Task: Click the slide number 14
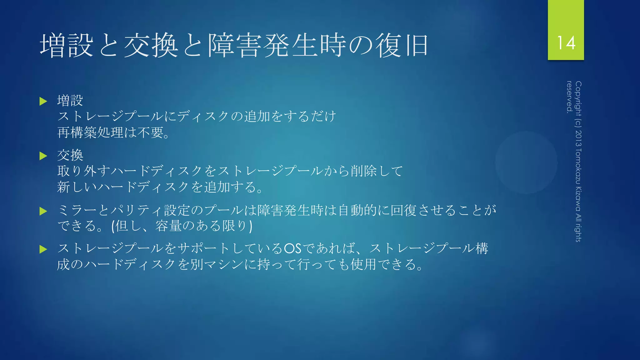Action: tap(566, 43)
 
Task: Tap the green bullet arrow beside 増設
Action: tap(43, 101)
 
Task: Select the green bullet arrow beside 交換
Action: tap(43, 156)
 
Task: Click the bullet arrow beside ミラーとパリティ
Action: tap(43, 211)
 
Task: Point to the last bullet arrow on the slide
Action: tap(43, 249)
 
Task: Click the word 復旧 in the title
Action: tap(402, 46)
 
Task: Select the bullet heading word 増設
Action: tap(70, 101)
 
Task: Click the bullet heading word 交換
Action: tap(70, 155)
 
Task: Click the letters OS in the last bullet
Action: tap(292, 249)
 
